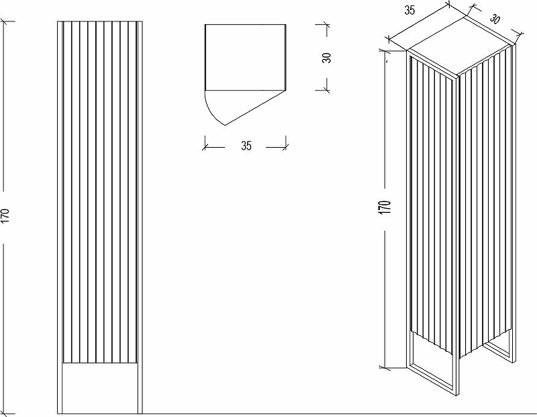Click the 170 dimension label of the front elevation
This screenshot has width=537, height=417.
5,216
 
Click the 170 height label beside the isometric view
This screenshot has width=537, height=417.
385,208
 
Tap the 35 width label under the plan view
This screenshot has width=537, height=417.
246,146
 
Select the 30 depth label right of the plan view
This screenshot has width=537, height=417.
327,58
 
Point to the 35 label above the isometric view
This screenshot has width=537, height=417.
409,11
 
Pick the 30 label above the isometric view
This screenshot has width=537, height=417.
495,19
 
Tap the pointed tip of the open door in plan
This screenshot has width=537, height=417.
225,125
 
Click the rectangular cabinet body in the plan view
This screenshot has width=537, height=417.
245,57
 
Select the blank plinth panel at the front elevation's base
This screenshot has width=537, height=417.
100,388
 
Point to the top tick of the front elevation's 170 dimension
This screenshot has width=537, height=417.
5,21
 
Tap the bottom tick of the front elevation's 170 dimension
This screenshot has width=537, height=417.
5,414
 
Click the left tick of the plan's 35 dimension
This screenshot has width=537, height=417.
205,147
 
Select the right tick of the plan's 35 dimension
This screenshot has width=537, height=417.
286,147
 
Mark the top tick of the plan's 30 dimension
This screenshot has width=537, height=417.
327,24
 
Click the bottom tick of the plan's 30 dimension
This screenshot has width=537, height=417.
327,91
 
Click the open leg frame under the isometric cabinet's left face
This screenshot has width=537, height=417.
433,364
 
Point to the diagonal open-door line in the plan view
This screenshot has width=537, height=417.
255,108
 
